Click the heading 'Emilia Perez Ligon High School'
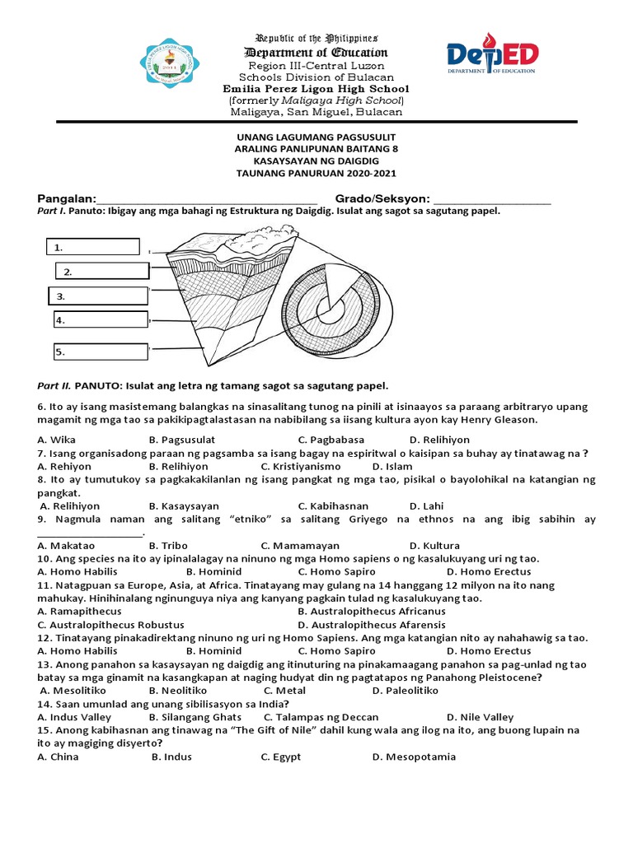316,89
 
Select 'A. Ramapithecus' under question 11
80,612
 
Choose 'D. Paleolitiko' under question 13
406,691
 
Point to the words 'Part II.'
54,385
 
